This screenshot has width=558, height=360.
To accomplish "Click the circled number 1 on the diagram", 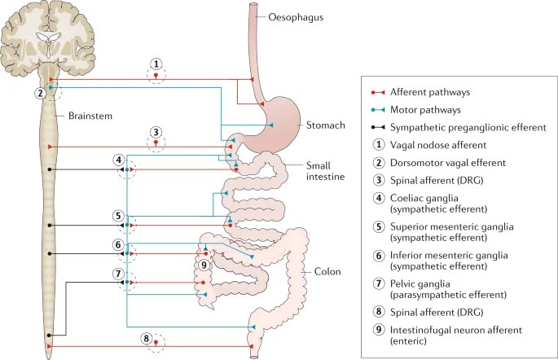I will [156, 64].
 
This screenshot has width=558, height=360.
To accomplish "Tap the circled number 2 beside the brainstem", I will [39, 93].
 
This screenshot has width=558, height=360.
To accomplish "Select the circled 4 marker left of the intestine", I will [119, 160].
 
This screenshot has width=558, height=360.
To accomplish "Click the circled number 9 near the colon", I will [204, 264].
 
